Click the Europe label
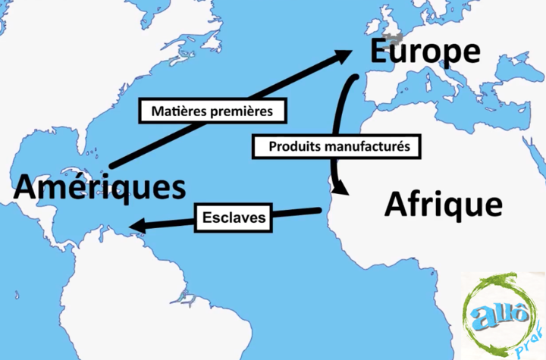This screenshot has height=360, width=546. point(425,52)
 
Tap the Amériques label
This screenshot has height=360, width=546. point(99,186)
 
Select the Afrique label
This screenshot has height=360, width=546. point(443,203)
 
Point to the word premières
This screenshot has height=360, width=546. point(245,111)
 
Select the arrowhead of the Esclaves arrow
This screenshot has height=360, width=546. point(137,226)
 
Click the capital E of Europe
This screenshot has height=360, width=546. point(381,52)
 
